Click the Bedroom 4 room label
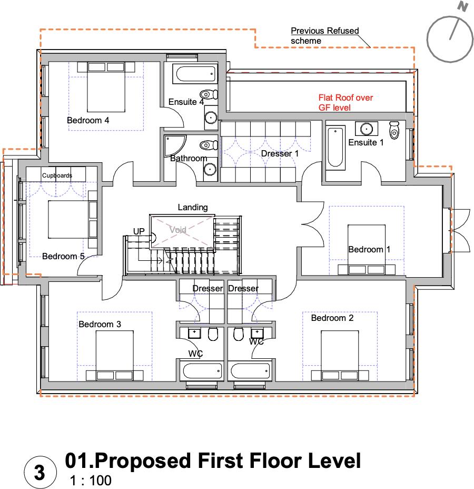tap(88, 121)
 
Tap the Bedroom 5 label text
tap(63, 257)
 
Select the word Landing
tap(192, 208)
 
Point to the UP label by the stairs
tap(139, 231)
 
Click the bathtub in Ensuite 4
tap(195, 74)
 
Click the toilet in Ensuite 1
tap(394, 129)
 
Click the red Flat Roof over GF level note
tap(345, 103)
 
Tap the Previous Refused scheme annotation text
tap(324, 35)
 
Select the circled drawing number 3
tap(39, 472)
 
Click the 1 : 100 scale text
tap(90, 481)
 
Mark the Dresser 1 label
tap(280, 154)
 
